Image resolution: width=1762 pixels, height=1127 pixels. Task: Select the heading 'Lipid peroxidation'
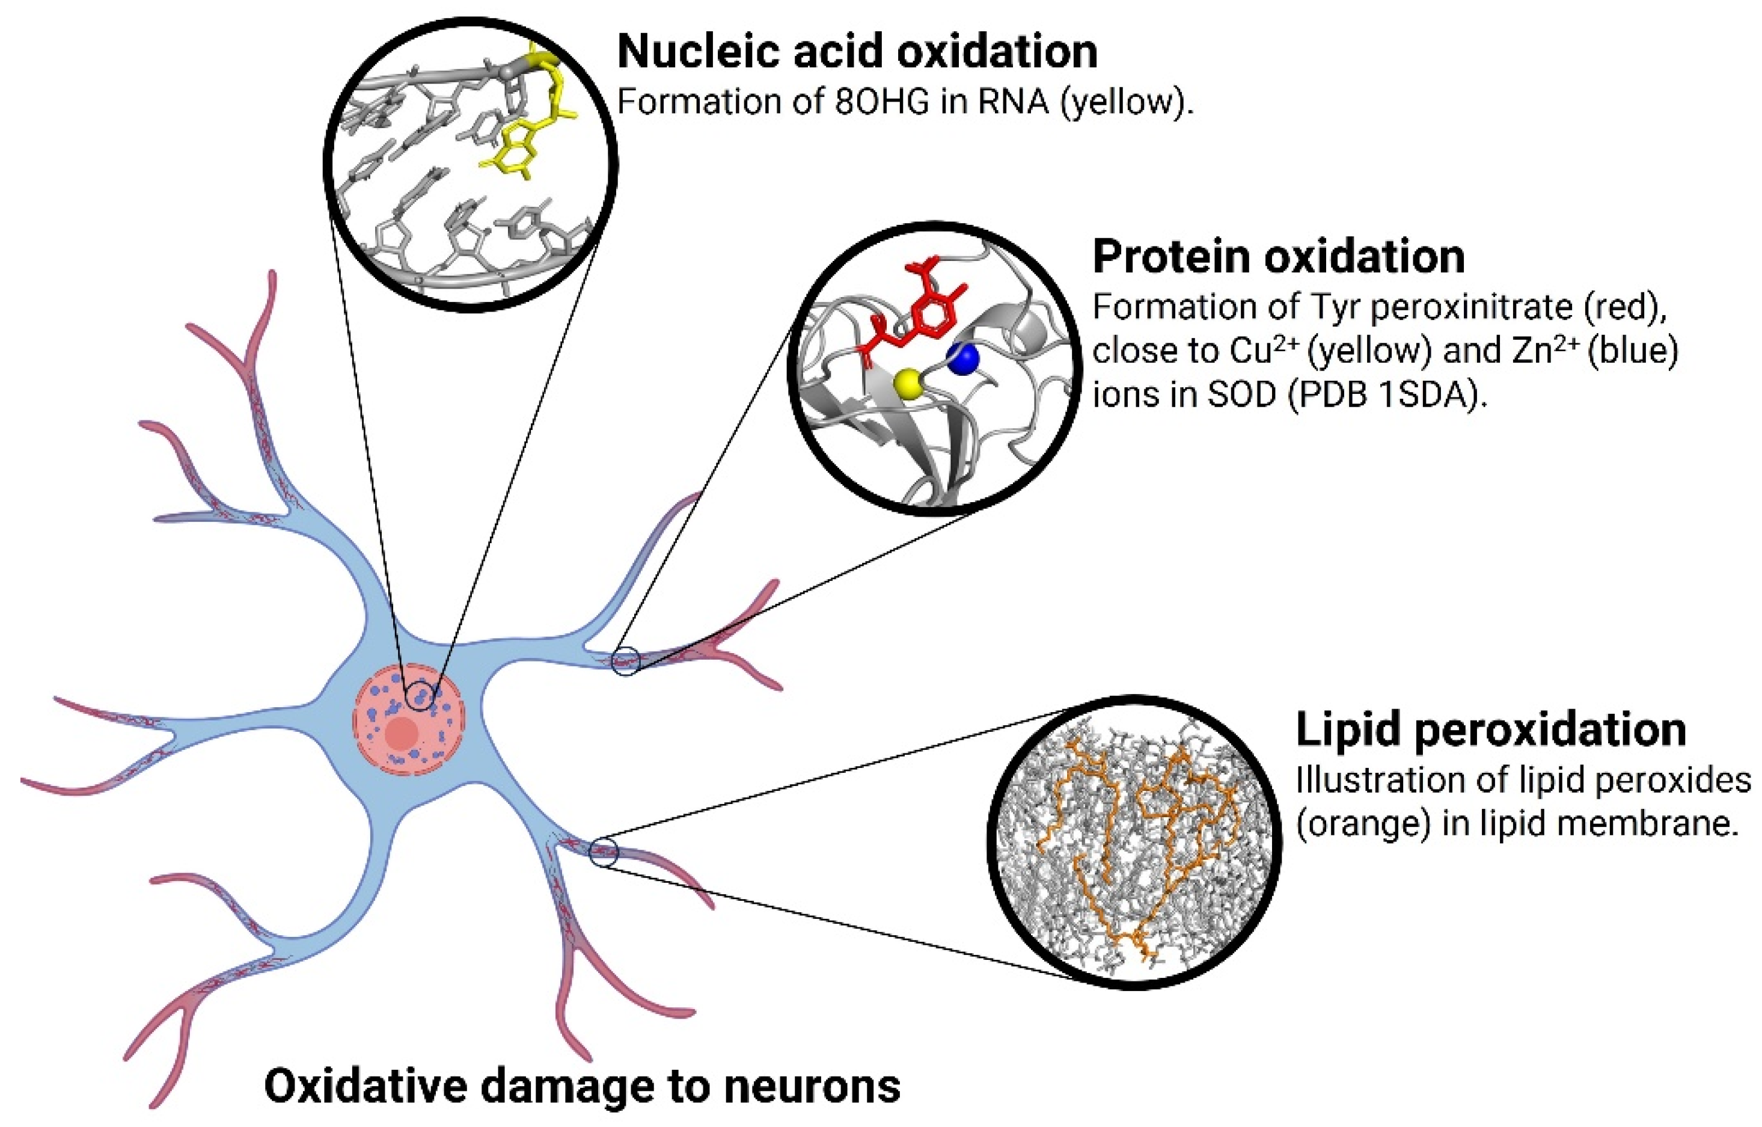[1490, 729]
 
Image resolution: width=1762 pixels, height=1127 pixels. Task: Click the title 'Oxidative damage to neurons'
[582, 1086]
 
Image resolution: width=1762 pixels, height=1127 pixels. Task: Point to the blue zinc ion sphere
[963, 358]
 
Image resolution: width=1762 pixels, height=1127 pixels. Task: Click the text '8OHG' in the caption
[883, 102]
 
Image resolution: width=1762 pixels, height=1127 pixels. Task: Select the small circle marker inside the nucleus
[420, 696]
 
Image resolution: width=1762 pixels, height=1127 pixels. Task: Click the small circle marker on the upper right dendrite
[626, 661]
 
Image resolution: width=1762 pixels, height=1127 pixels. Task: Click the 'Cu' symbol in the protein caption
[1250, 351]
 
